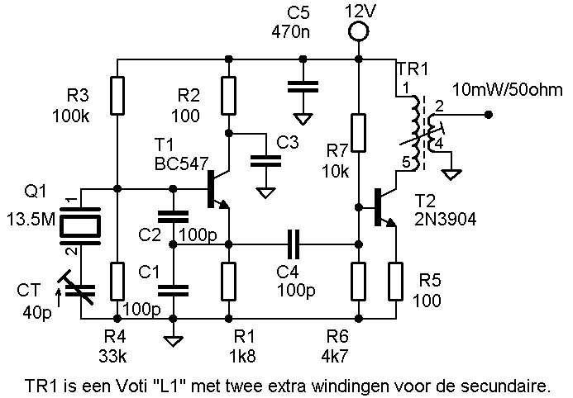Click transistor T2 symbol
384,206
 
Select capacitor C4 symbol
294,244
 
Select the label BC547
180,163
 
